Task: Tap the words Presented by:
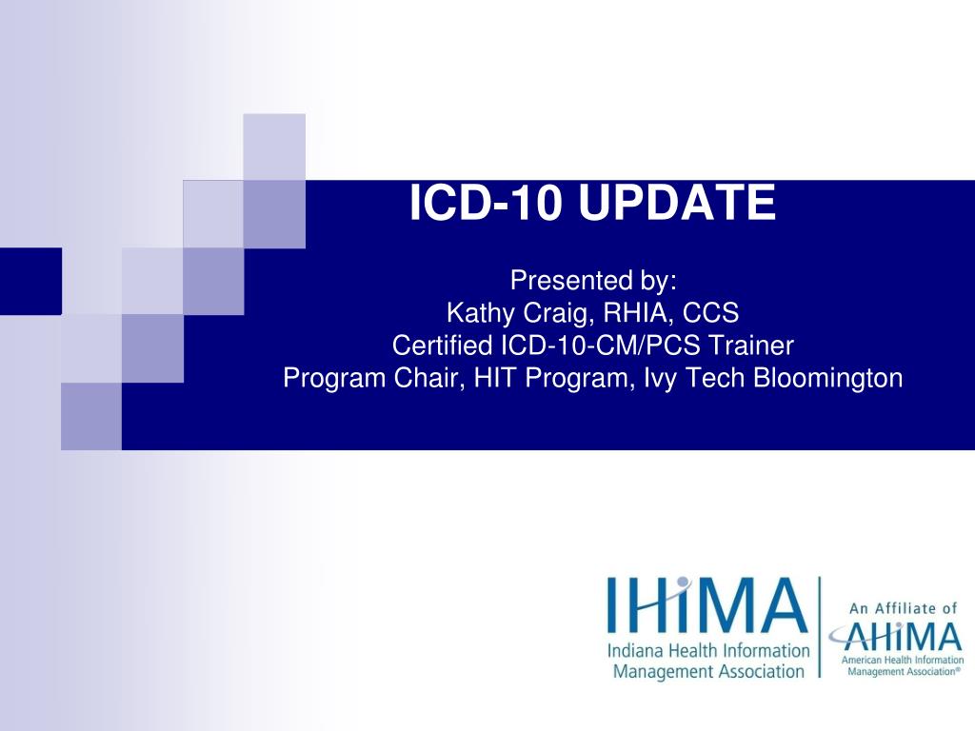pyautogui.click(x=593, y=281)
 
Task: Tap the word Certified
pyautogui.click(x=444, y=346)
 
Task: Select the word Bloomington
pyautogui.click(x=827, y=378)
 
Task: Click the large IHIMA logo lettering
pyautogui.click(x=707, y=605)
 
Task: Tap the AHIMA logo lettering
pyautogui.click(x=897, y=635)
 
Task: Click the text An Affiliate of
pyautogui.click(x=902, y=607)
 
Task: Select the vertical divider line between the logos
pyautogui.click(x=820, y=626)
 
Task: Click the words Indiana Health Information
pyautogui.click(x=709, y=652)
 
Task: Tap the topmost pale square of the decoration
pyautogui.click(x=274, y=146)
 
